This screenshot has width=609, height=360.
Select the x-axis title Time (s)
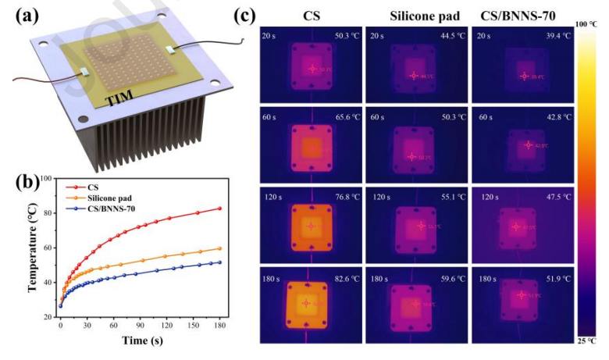(x=141, y=340)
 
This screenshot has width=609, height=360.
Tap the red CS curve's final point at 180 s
(x=219, y=209)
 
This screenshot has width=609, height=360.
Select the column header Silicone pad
(x=411, y=14)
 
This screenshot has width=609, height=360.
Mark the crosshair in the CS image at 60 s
(x=311, y=146)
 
